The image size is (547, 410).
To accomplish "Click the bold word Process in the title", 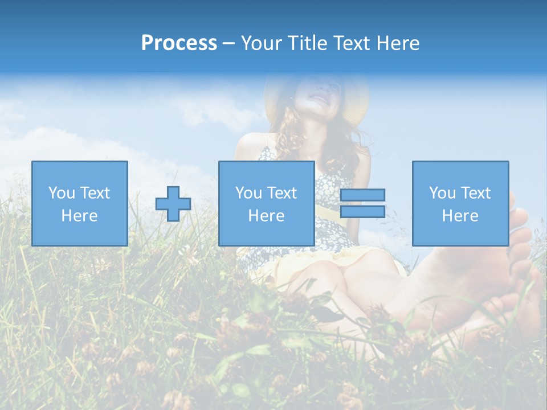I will click(179, 43).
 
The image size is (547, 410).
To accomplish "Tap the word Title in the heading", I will click(305, 43).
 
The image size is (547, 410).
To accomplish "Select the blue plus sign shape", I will click(173, 204).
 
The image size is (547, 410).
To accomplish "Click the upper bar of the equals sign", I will click(362, 195).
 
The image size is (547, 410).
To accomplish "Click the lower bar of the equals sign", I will click(362, 212).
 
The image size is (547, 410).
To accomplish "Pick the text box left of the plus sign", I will click(80, 203).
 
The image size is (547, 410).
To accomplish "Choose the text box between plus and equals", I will click(266, 203).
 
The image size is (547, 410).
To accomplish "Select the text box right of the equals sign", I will click(460, 203).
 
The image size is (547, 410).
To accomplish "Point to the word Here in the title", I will click(397, 43).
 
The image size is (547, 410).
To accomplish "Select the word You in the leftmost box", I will click(62, 193).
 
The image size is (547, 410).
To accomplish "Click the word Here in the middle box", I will click(266, 216).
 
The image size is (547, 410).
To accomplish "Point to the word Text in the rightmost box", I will click(477, 193).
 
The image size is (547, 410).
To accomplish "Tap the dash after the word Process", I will click(228, 43).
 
